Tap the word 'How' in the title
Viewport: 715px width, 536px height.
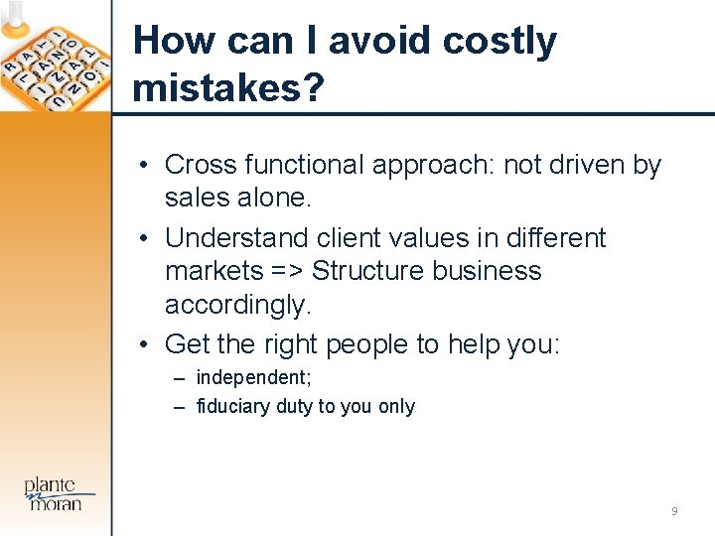[x=172, y=41]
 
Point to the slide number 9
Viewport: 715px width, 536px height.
[x=675, y=511]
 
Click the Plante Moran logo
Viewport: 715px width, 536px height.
[x=61, y=493]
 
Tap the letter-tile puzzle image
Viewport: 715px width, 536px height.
[x=55, y=60]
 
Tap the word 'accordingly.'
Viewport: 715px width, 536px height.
[x=238, y=305]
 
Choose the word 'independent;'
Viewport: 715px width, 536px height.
[x=251, y=377]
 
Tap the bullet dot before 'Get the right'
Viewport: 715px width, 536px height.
[x=145, y=344]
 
